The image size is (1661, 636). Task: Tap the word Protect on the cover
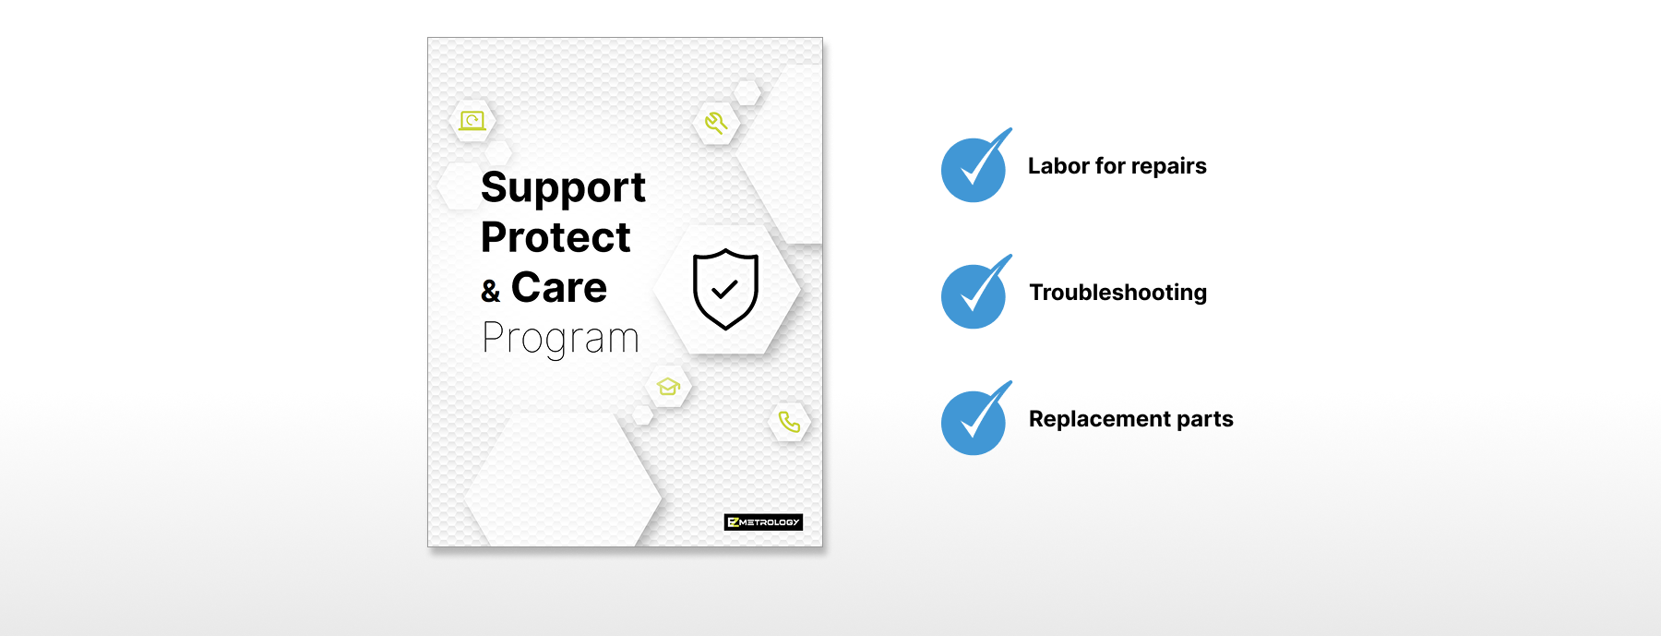(x=556, y=237)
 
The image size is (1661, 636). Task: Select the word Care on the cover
(x=559, y=287)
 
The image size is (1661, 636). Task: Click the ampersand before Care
(x=490, y=292)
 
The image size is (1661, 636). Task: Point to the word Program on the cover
(x=560, y=339)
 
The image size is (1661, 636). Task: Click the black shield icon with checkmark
(x=725, y=289)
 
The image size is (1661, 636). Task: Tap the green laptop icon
(x=472, y=121)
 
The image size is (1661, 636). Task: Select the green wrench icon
(x=716, y=123)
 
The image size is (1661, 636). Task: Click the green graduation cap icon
(x=668, y=386)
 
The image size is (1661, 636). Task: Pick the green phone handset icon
(x=789, y=422)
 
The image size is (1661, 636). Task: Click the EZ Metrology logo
(x=763, y=522)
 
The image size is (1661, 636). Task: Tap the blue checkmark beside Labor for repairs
(x=975, y=166)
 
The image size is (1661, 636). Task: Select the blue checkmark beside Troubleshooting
(x=975, y=293)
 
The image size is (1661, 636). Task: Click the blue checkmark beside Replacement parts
(x=975, y=419)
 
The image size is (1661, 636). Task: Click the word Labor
(x=1058, y=166)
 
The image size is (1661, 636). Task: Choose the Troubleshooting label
(x=1118, y=293)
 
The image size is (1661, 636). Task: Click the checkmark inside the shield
(x=725, y=289)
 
